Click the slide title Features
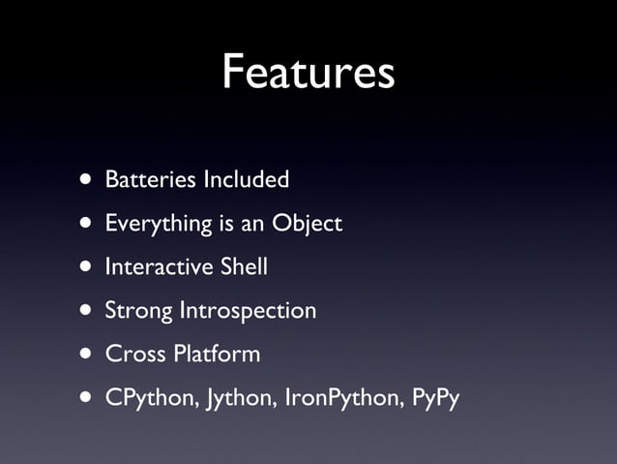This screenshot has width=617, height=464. point(308,74)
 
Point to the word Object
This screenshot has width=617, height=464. point(307,224)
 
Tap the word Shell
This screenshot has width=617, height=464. point(245,266)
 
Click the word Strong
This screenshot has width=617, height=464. point(138,311)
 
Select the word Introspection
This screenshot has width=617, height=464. point(248,311)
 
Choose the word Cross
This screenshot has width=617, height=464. point(134,354)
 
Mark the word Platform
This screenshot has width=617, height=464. point(217,354)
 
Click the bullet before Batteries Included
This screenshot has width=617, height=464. point(88,180)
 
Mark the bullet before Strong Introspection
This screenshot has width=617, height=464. point(88,311)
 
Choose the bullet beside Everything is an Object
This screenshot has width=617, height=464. point(88,224)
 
